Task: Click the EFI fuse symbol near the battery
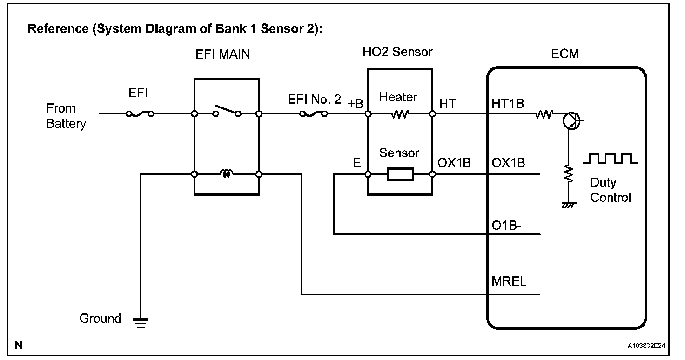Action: click(x=140, y=114)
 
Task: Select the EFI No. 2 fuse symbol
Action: click(x=314, y=114)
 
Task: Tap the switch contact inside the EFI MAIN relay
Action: click(x=227, y=111)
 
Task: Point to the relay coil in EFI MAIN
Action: click(x=226, y=173)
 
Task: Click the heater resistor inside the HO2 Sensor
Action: click(x=400, y=114)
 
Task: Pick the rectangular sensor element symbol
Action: click(x=400, y=174)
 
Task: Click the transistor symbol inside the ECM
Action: click(x=571, y=121)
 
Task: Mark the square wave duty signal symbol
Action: click(x=611, y=158)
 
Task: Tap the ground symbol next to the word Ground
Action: click(x=141, y=323)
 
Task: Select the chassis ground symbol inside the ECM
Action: click(x=569, y=205)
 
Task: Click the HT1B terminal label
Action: click(x=508, y=104)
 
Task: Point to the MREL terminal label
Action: click(x=509, y=281)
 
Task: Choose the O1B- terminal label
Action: click(x=506, y=226)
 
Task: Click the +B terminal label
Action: click(x=356, y=104)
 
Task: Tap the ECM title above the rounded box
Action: click(x=565, y=54)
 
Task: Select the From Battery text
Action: click(x=66, y=116)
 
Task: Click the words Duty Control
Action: click(x=611, y=190)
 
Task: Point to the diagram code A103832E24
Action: click(x=646, y=346)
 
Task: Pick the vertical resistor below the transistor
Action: click(x=569, y=173)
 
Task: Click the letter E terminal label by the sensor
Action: click(x=357, y=163)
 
